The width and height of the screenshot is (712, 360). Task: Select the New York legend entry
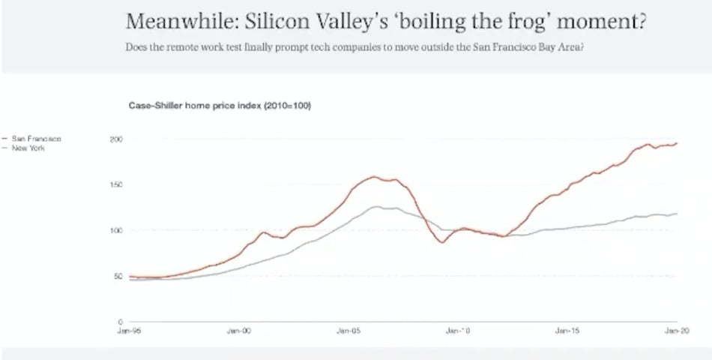(x=29, y=148)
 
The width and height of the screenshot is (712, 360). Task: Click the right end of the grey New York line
(x=677, y=214)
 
